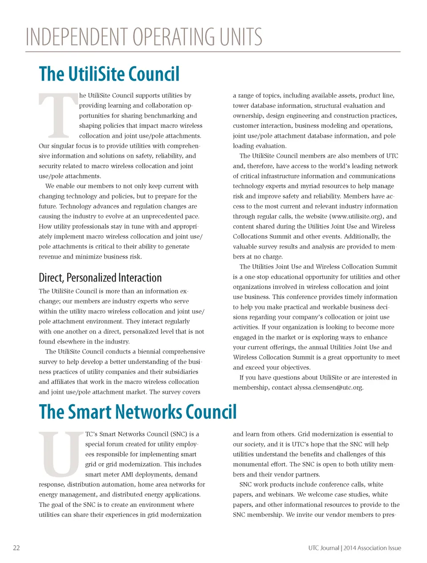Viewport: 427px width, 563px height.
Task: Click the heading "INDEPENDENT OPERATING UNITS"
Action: [x=144, y=37]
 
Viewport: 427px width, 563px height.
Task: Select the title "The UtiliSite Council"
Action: [x=109, y=74]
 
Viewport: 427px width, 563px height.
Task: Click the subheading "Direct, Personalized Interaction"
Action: [x=100, y=278]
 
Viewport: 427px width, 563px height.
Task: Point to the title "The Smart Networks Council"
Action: [x=137, y=412]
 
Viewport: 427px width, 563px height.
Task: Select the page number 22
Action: [x=16, y=548]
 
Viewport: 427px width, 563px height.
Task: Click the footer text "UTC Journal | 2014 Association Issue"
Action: [x=354, y=548]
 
